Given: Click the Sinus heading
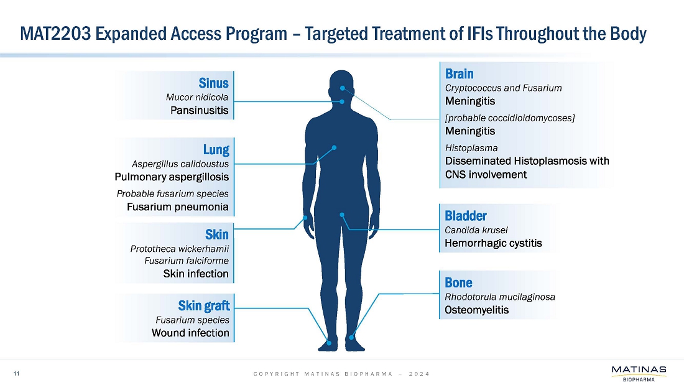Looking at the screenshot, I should (214, 83).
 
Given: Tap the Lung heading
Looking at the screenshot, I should (216, 149).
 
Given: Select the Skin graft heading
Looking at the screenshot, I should (204, 305).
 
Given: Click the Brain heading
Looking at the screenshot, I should (460, 73).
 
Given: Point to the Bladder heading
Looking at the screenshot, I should (466, 216).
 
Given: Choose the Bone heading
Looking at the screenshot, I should (459, 283).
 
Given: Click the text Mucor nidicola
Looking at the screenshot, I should (197, 97).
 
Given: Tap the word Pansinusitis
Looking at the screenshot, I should (200, 111).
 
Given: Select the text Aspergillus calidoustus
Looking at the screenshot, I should (180, 164).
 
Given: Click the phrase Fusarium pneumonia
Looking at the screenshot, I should (177, 206).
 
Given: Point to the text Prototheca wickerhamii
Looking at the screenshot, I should (180, 249).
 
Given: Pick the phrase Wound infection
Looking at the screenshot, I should (190, 333).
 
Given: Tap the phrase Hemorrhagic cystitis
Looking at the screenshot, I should (494, 243).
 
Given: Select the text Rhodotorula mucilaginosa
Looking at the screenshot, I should (500, 297).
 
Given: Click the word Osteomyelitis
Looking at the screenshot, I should (477, 310).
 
